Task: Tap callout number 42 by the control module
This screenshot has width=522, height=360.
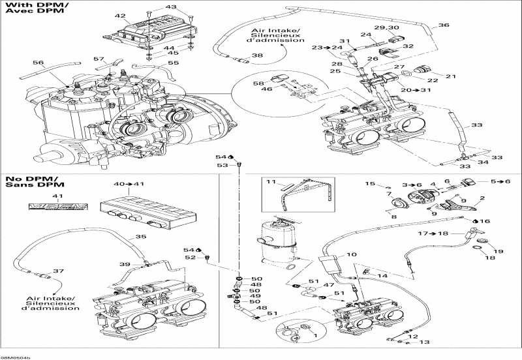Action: [x=119, y=16]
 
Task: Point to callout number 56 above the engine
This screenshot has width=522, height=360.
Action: [x=38, y=63]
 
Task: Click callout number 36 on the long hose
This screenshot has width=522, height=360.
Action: [x=443, y=25]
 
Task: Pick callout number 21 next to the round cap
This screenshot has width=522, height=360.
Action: [x=450, y=76]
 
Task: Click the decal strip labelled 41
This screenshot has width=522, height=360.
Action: [x=57, y=208]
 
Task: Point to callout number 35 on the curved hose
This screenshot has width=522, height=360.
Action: [x=140, y=237]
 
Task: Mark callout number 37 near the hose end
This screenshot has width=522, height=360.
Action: [x=57, y=271]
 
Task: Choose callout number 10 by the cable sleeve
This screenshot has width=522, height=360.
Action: [x=351, y=255]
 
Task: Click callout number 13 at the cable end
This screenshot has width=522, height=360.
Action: [x=424, y=342]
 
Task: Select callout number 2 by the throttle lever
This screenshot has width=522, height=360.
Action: [x=482, y=198]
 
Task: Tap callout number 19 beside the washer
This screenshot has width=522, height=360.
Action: [x=499, y=252]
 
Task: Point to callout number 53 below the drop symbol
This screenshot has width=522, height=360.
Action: [x=223, y=166]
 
